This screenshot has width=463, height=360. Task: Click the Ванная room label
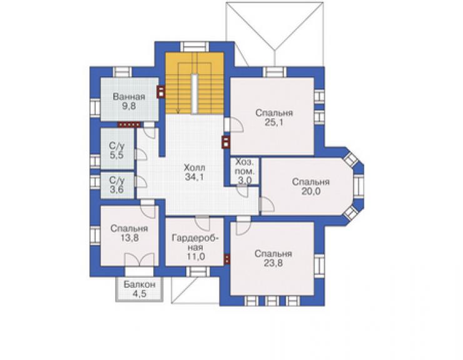(129, 96)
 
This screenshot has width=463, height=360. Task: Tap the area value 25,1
(273, 122)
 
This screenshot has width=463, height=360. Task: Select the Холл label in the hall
(195, 168)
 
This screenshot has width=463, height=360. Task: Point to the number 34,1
(195, 177)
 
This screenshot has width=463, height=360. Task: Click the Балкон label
(140, 285)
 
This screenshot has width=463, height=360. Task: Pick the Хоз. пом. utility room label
(245, 167)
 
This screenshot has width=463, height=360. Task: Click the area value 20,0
(311, 192)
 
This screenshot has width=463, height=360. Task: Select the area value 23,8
(273, 263)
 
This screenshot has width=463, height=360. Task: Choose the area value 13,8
(129, 238)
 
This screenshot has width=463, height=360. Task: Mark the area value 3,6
(117, 190)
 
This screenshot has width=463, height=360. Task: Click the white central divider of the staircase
(194, 94)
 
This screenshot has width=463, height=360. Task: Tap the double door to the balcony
(140, 260)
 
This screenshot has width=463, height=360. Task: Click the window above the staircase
(195, 47)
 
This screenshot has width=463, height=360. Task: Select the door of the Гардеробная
(202, 223)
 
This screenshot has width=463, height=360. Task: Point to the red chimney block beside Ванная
(161, 91)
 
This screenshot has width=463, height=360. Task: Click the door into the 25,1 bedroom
(234, 125)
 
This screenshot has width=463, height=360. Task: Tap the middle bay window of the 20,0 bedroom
(358, 186)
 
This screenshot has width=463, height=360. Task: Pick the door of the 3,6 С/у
(141, 182)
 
